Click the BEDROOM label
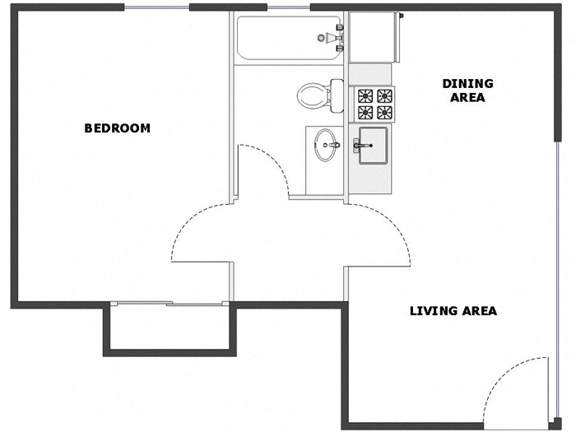[x=118, y=128]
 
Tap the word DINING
[x=467, y=83]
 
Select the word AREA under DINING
[x=467, y=97]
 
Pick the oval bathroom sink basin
[x=327, y=146]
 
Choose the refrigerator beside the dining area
[x=374, y=37]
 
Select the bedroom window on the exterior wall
[x=157, y=8]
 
